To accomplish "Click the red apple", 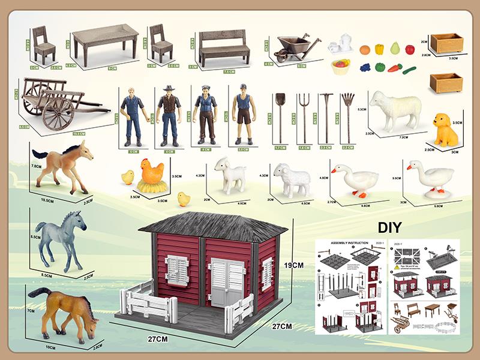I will pyautogui.click(x=410, y=49).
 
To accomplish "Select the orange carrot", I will pyautogui.click(x=395, y=68).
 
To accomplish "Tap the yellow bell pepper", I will pyautogui.click(x=379, y=49).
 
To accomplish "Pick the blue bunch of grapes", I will pyautogui.click(x=365, y=68).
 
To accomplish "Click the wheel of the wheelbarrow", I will pyautogui.click(x=283, y=56).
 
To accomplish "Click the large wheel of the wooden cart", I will pyautogui.click(x=59, y=111).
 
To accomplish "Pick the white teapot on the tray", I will pyautogui.click(x=343, y=43).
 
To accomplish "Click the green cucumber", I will pyautogui.click(x=410, y=70).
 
